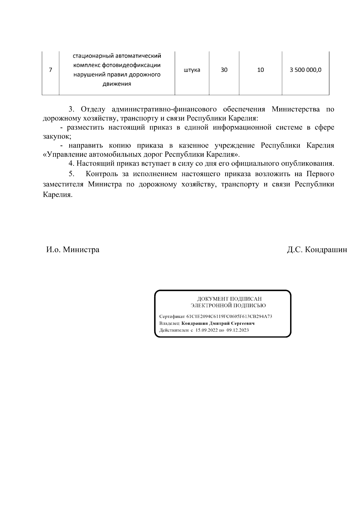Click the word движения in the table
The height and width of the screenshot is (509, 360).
click(x=117, y=84)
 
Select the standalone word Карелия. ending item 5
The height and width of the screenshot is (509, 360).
click(x=58, y=194)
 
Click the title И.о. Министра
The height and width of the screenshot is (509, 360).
click(x=73, y=250)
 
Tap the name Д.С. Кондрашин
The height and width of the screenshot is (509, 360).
click(x=317, y=250)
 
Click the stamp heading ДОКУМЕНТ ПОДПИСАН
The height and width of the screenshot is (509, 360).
click(x=229, y=299)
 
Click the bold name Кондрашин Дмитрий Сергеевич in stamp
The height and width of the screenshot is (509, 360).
click(x=218, y=323)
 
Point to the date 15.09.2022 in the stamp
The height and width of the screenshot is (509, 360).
click(x=206, y=330)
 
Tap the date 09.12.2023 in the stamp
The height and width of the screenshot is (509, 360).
click(x=238, y=330)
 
